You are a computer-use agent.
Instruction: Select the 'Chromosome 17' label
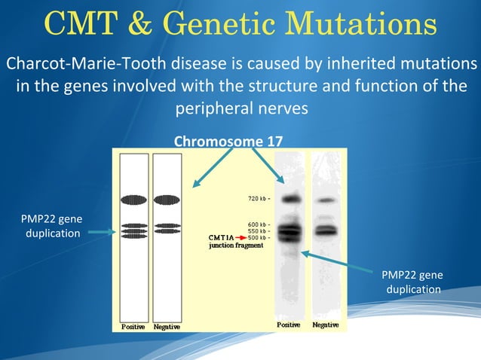(x=228, y=142)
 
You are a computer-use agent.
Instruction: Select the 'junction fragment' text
(x=235, y=246)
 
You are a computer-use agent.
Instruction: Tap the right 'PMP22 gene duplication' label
(x=413, y=282)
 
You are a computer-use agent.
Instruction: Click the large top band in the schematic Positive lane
(x=133, y=199)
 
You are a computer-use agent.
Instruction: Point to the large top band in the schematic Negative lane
(x=167, y=199)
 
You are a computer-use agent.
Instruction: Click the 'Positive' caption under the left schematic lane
(x=133, y=327)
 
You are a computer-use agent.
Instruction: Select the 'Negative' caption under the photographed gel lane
(x=326, y=325)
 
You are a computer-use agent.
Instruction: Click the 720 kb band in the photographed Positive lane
(x=292, y=199)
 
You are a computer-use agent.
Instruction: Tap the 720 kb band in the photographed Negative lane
(x=326, y=200)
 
